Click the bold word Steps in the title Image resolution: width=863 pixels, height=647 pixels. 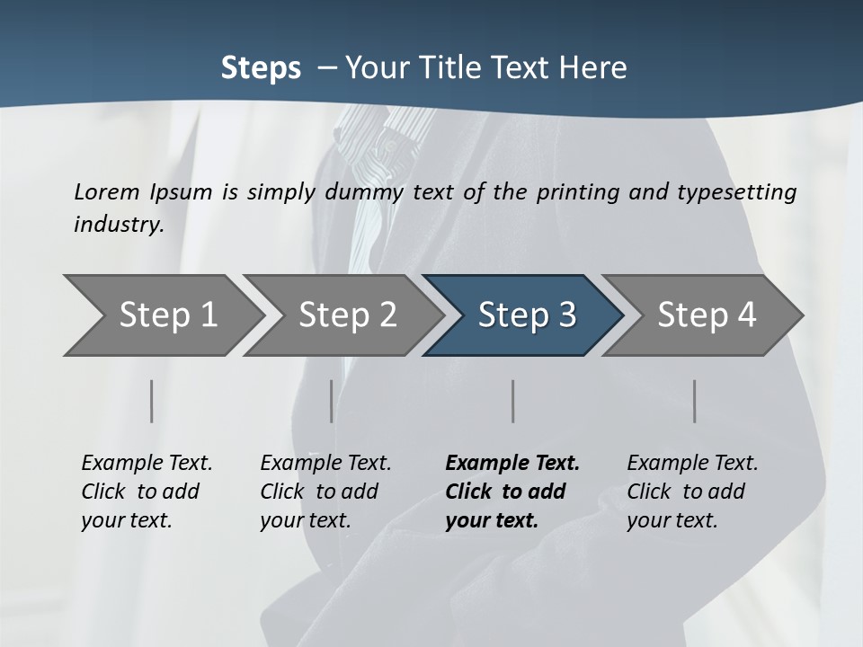point(261,68)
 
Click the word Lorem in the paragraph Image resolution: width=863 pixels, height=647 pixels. point(107,191)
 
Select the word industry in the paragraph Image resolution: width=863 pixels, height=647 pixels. point(119,224)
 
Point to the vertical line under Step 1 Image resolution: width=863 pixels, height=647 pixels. point(151,401)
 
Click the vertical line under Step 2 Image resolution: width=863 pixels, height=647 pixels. point(331,401)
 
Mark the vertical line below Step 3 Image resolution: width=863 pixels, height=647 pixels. point(512,401)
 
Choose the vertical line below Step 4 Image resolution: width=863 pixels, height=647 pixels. point(694,401)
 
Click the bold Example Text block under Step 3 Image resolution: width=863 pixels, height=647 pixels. point(512,492)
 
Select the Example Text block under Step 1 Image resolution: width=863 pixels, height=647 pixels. point(147,492)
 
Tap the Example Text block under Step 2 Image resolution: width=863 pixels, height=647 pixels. point(325,492)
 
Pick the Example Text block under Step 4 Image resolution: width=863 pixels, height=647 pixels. point(692,492)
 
